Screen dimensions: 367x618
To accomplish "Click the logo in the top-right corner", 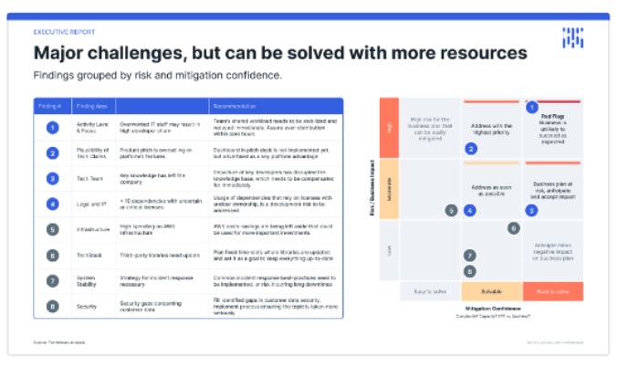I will click(571, 37).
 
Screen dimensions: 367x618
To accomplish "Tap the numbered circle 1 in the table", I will click(53, 126).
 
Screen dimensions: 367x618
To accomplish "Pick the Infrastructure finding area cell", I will click(93, 230).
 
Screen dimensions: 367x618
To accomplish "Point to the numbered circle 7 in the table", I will click(53, 280).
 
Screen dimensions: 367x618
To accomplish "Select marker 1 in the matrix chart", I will click(532, 107).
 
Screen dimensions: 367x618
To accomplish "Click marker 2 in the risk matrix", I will click(471, 148).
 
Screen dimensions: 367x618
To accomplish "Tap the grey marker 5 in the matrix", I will click(451, 210).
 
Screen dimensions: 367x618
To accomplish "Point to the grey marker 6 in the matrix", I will click(514, 228).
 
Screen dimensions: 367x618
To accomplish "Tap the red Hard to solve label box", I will click(552, 291).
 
